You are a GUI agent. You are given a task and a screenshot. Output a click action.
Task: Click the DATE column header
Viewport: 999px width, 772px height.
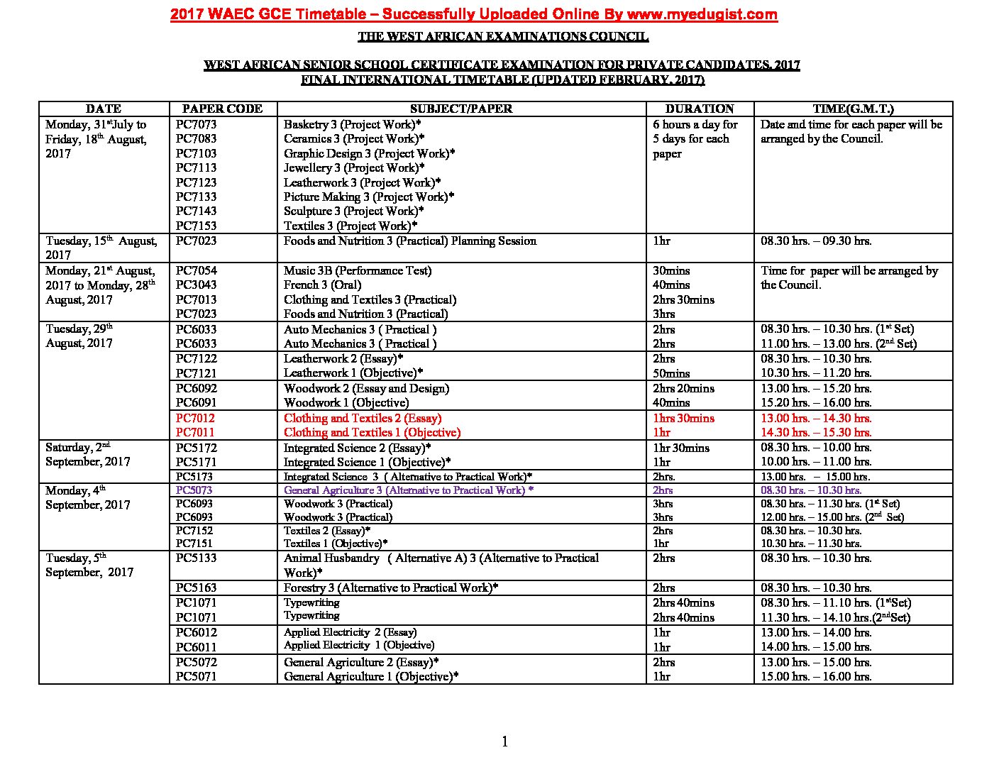point(104,109)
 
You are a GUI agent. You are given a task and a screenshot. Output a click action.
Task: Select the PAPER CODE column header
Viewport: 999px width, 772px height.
point(222,109)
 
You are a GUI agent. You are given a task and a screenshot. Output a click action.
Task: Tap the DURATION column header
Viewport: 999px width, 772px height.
point(700,109)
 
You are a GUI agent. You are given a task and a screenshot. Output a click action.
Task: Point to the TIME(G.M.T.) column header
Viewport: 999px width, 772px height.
point(853,109)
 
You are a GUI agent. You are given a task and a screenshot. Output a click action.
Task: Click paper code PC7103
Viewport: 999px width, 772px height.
point(197,153)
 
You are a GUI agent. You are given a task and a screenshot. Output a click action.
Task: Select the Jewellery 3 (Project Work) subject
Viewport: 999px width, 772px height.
point(354,167)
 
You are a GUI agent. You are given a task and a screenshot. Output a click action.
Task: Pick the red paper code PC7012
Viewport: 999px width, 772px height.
point(197,418)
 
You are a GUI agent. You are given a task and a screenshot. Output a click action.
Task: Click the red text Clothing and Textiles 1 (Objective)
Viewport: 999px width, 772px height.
point(372,432)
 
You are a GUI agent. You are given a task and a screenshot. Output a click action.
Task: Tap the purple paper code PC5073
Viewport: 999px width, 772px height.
point(194,490)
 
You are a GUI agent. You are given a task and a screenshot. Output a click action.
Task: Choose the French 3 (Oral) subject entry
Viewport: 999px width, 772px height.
point(323,285)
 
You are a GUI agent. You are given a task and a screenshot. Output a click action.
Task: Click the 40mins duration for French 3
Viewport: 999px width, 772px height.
point(671,285)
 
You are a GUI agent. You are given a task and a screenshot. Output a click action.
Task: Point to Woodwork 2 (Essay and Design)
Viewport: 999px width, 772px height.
point(366,388)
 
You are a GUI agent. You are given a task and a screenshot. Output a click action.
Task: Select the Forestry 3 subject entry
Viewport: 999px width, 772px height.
point(391,588)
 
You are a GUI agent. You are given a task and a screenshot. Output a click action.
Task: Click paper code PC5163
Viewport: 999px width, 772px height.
point(197,588)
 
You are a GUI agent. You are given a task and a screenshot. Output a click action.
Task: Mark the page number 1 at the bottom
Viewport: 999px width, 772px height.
point(504,742)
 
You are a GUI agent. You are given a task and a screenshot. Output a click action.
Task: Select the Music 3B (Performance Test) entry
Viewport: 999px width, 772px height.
point(358,270)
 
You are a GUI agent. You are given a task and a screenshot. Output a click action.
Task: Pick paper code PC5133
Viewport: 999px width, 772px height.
point(197,558)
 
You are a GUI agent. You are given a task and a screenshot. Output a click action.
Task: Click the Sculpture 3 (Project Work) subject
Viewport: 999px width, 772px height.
point(354,211)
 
